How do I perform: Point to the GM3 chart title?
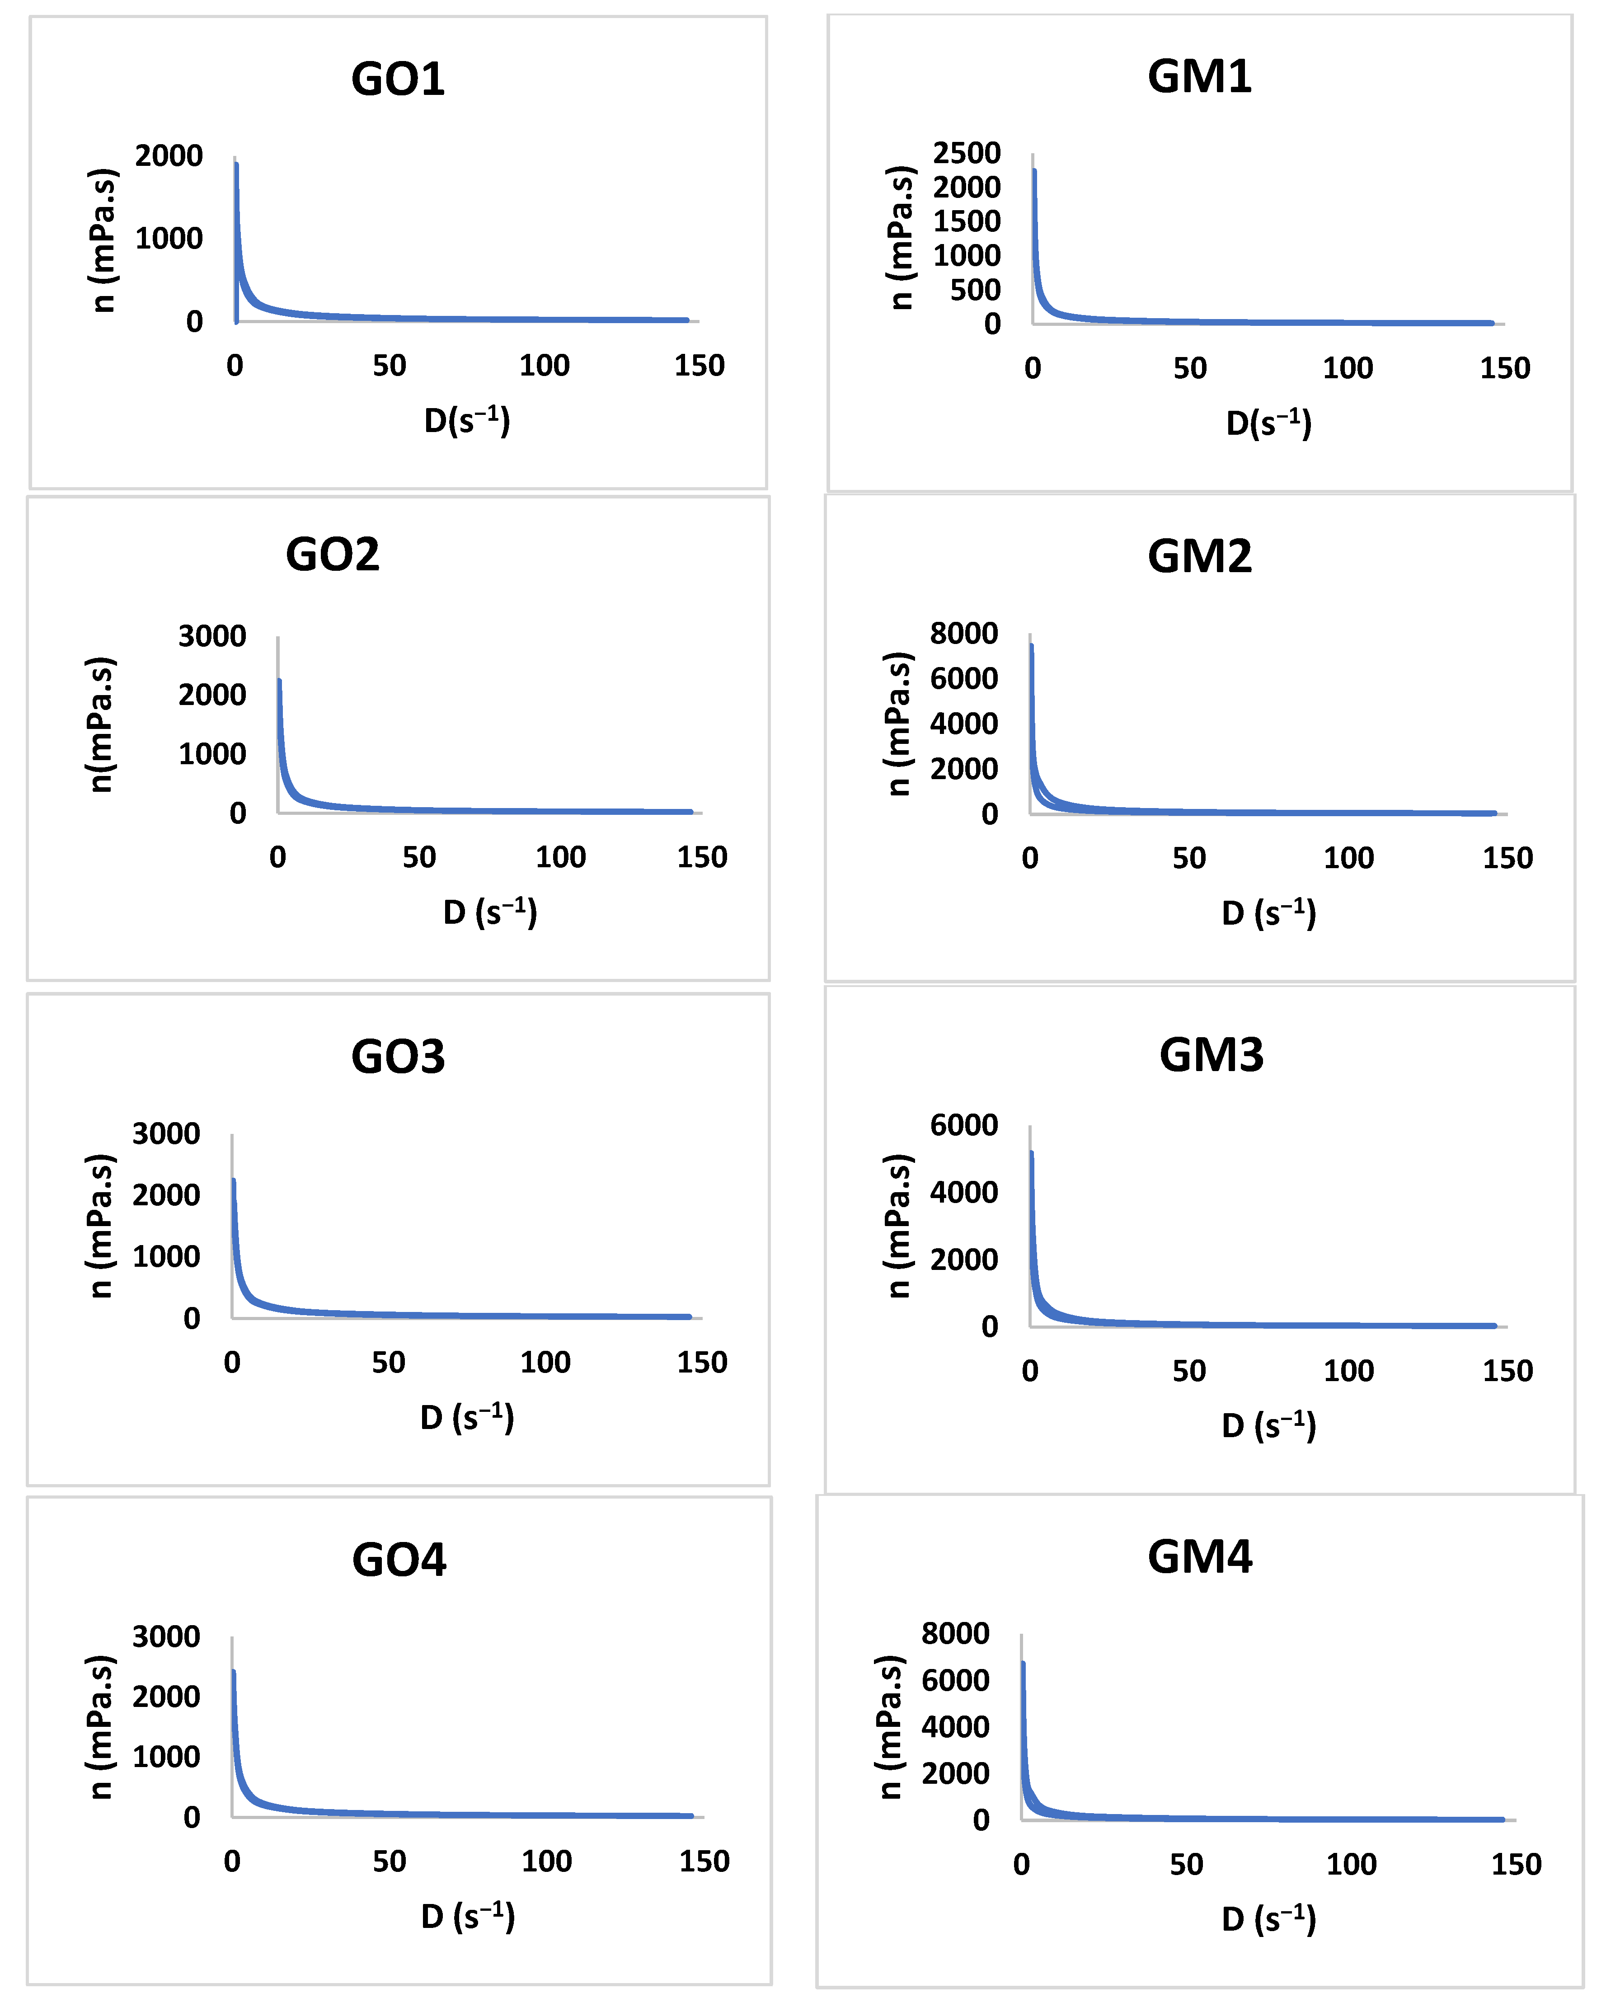click(1211, 1055)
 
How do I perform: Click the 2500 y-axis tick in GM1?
click(967, 153)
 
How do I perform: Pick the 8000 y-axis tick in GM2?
click(964, 634)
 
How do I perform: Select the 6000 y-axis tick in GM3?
click(964, 1125)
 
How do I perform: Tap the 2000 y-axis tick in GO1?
click(169, 156)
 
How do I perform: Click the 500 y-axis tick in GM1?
click(975, 290)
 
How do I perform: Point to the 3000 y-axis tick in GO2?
click(213, 636)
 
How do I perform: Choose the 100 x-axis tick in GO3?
click(545, 1363)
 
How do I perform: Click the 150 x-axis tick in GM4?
click(1516, 1865)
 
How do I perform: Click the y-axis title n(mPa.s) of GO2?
click(100, 724)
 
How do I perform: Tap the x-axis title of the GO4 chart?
click(468, 1917)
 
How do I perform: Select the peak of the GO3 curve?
click(233, 1180)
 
